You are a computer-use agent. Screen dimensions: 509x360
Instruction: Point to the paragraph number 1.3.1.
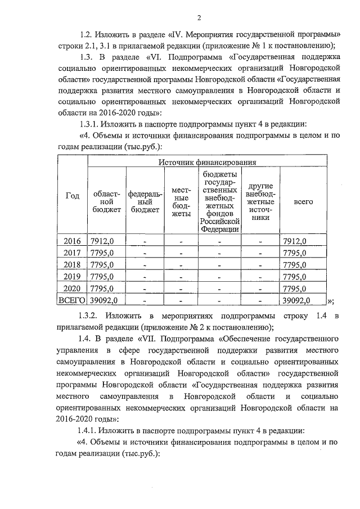click(x=91, y=124)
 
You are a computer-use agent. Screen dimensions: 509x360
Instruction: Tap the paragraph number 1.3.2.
click(x=91, y=316)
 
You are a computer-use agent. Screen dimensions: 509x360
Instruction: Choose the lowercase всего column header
click(x=303, y=201)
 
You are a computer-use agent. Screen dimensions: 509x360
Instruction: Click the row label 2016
click(x=72, y=241)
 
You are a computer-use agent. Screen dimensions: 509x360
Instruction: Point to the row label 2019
click(x=72, y=276)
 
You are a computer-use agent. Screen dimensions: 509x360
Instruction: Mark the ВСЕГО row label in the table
click(x=72, y=300)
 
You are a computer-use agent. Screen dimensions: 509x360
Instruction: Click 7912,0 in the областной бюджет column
click(x=102, y=241)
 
